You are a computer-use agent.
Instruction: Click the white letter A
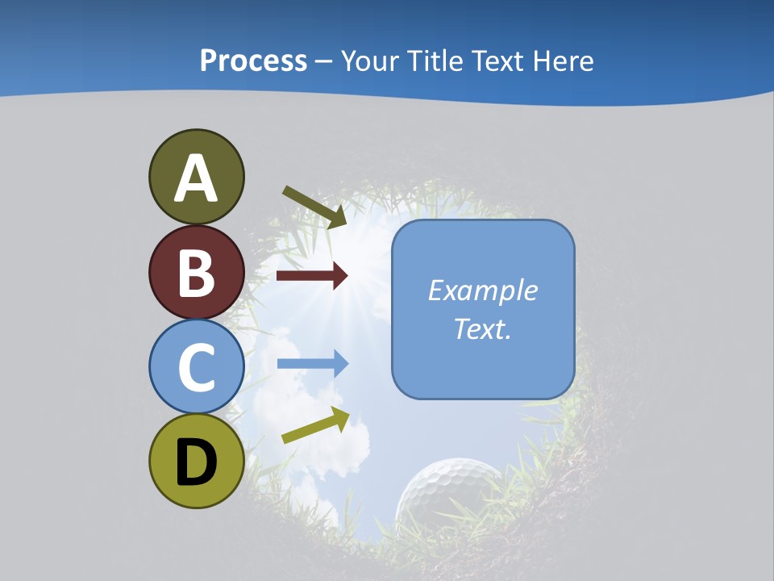click(x=197, y=179)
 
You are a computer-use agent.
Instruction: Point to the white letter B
click(x=197, y=273)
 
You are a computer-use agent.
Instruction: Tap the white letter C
click(x=197, y=367)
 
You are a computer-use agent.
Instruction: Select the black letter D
click(x=197, y=462)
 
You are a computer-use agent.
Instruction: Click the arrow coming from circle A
click(x=314, y=207)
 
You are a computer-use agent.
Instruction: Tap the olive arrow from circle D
click(x=315, y=425)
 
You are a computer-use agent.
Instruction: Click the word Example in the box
click(x=483, y=290)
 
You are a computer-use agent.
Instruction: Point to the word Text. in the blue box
click(x=483, y=329)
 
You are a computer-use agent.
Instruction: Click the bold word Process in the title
click(x=253, y=61)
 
